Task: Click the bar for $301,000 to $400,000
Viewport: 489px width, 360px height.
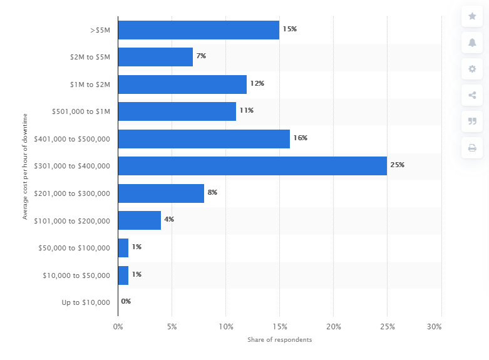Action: point(252,166)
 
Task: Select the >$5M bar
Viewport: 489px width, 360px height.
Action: point(198,30)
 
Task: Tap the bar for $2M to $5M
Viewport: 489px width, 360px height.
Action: point(155,57)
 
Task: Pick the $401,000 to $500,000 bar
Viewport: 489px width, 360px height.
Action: point(203,138)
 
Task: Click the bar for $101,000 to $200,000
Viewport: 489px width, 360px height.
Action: point(139,220)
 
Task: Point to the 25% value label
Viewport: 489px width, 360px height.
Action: point(398,165)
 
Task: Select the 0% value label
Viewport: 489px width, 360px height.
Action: point(126,301)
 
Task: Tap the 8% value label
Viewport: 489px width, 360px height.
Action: point(212,192)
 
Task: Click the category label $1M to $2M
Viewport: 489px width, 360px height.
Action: point(90,85)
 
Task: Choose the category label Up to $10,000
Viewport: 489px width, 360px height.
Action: point(86,302)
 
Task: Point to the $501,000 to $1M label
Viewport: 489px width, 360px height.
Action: point(81,111)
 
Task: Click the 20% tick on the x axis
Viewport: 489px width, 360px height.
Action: point(334,327)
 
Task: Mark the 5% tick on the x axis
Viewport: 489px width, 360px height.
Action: point(172,327)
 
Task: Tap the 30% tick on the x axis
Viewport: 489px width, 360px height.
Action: point(434,327)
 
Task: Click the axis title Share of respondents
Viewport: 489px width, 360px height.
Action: point(279,340)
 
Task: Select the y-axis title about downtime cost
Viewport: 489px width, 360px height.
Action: point(26,166)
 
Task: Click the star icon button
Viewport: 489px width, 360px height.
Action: point(472,16)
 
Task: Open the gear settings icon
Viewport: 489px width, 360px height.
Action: point(472,69)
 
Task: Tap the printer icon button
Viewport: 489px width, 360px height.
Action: point(472,148)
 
